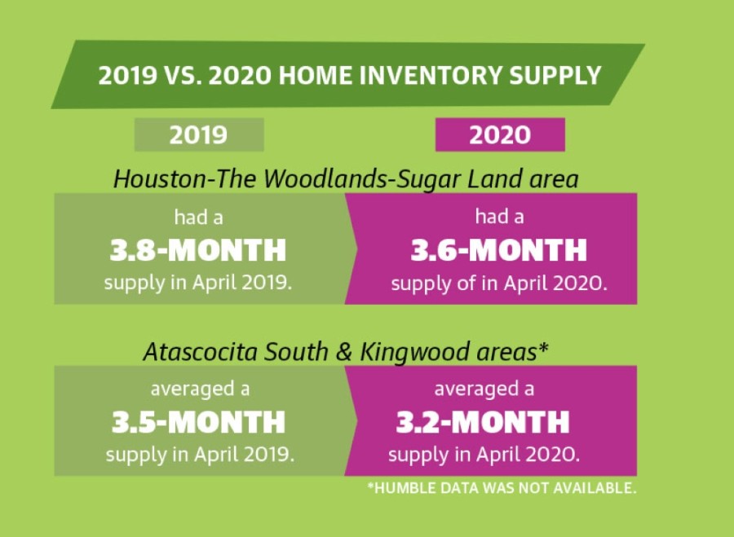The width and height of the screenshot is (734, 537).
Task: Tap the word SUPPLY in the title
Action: (555, 75)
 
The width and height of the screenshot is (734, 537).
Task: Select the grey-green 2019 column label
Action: (199, 134)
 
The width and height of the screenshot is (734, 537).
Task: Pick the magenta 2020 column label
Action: (500, 134)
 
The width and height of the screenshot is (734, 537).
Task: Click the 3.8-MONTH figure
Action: (198, 250)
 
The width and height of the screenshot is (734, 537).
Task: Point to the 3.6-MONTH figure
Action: (499, 250)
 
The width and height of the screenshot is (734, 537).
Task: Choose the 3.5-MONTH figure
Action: (198, 422)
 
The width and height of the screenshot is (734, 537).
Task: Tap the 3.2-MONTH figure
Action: (483, 422)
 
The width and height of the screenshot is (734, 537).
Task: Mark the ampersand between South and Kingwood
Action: (344, 352)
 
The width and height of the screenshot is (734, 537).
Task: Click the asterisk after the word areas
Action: (543, 347)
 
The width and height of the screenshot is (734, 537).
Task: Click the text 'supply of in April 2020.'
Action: (499, 284)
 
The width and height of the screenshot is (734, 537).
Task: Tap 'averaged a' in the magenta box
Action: (484, 390)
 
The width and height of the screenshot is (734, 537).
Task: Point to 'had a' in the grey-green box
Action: (198, 218)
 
